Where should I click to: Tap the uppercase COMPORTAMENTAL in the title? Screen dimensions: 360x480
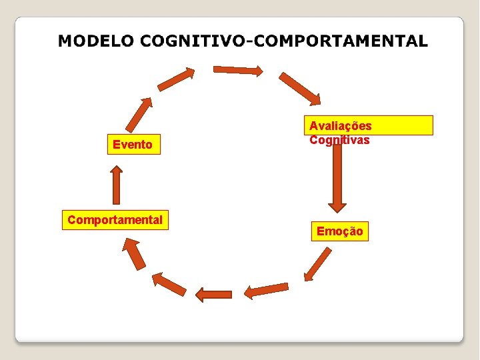coord(339,41)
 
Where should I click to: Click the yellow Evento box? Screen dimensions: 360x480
coord(133,145)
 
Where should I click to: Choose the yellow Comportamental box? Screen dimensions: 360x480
coord(115,219)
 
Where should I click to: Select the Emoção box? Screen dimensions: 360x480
coord(340,231)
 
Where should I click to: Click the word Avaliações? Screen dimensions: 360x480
coord(341,126)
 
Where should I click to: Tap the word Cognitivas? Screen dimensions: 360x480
coord(339,140)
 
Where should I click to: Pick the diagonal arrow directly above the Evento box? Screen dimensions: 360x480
coord(139,114)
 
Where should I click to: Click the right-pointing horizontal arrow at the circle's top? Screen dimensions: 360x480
coord(237,69)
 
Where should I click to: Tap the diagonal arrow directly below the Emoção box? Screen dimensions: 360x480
coord(317,264)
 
